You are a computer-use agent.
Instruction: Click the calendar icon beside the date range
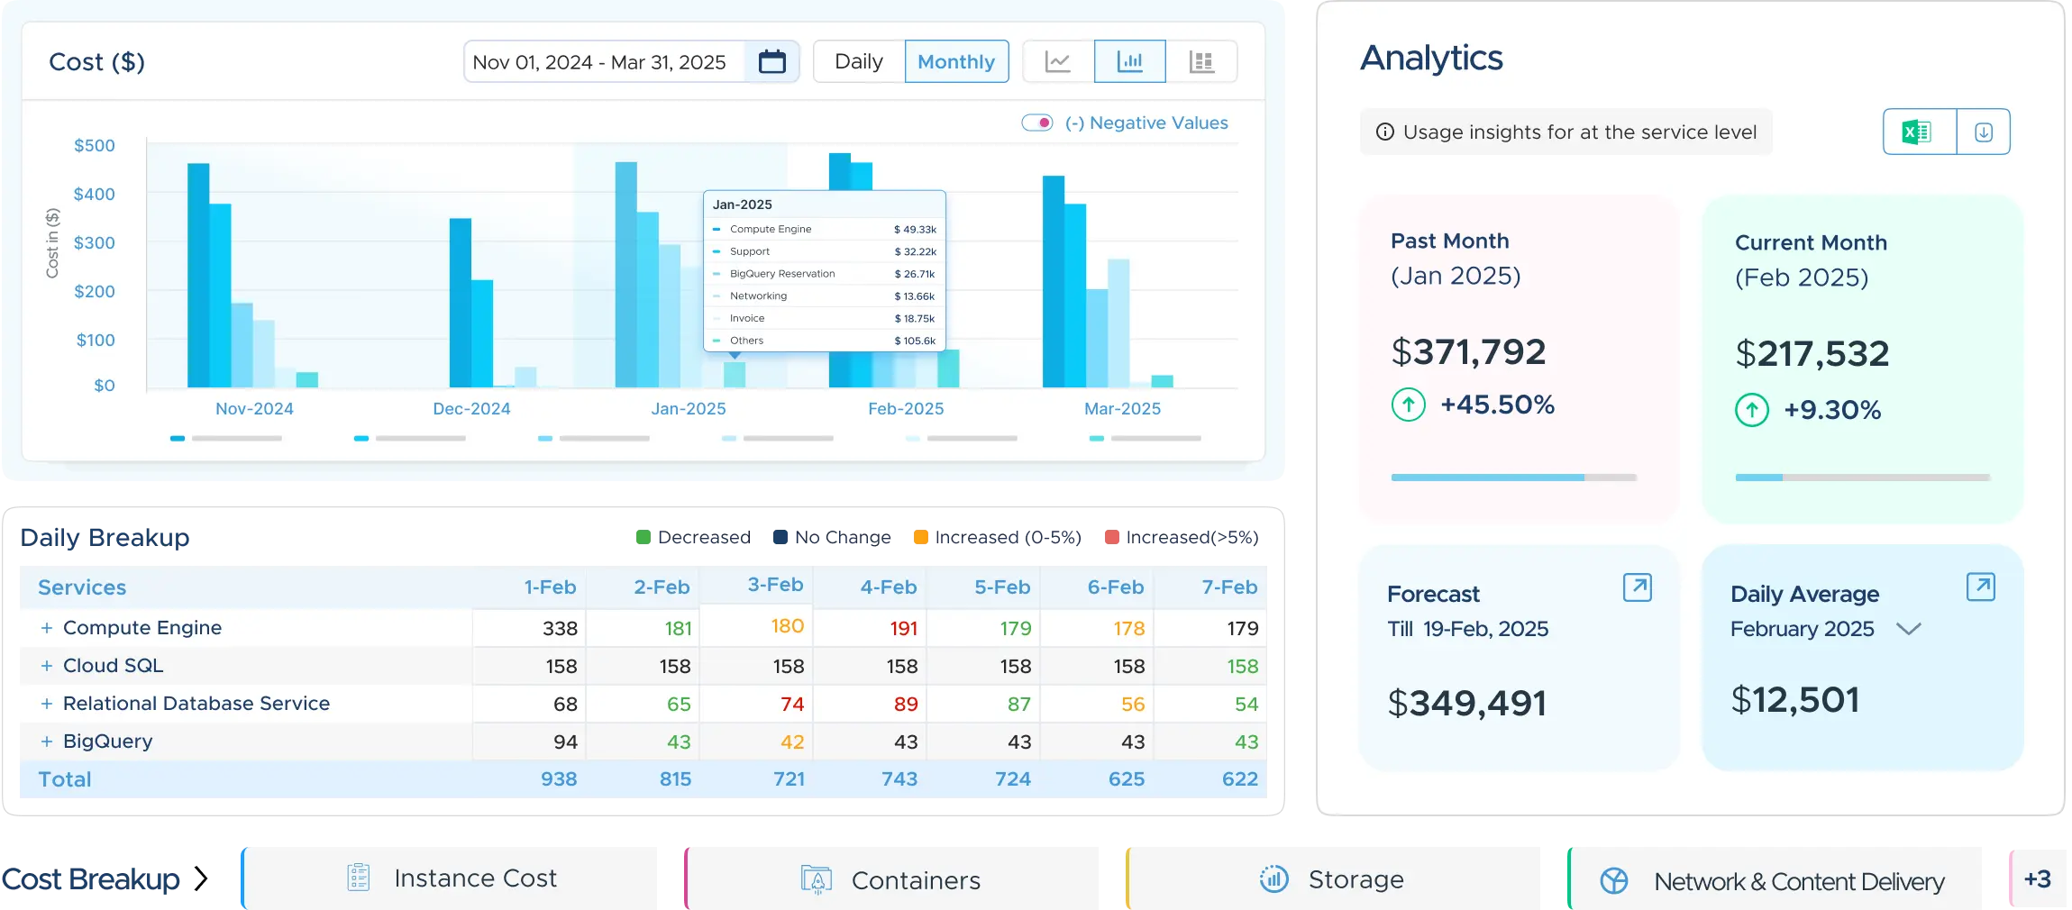click(x=771, y=61)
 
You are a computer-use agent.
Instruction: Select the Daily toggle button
click(x=858, y=61)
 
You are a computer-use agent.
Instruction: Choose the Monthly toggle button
click(x=956, y=61)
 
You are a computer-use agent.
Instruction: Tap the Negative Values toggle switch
click(x=1037, y=123)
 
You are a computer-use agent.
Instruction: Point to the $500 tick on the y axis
click(x=95, y=145)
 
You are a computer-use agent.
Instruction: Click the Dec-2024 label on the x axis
click(x=471, y=409)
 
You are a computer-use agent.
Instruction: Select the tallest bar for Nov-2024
click(x=198, y=275)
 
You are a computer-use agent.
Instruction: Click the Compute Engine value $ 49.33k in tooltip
click(x=915, y=230)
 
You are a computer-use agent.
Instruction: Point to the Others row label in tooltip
click(x=746, y=341)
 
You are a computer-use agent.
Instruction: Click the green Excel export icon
click(x=1917, y=132)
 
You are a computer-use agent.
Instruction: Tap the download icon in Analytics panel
click(x=1984, y=132)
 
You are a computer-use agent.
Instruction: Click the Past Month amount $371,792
click(x=1468, y=351)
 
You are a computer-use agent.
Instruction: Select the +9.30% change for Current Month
click(x=1832, y=410)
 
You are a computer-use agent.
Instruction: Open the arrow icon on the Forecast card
click(x=1637, y=587)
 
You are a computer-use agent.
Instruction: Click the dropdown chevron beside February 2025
click(x=1909, y=629)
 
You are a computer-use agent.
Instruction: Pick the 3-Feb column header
click(x=775, y=585)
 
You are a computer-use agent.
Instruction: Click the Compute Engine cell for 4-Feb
click(x=903, y=628)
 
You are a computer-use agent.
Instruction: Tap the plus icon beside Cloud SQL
click(x=47, y=666)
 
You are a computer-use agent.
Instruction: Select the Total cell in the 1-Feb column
click(x=559, y=779)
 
